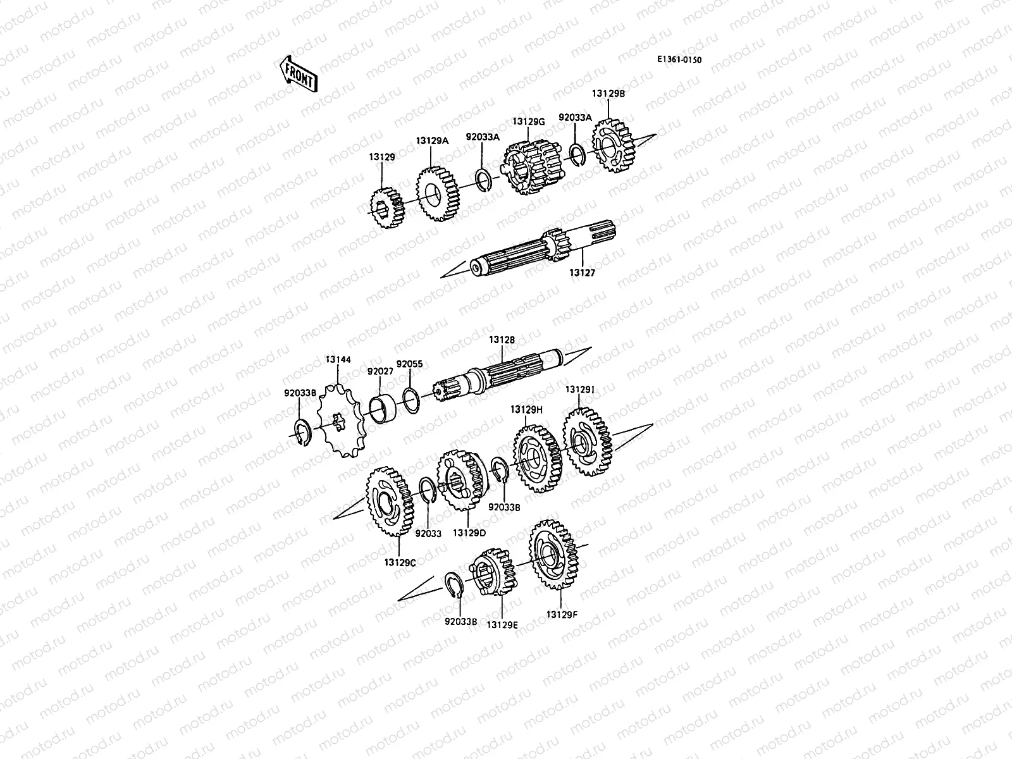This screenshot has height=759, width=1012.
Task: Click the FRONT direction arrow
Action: (297, 74)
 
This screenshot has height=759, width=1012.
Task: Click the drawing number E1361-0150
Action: (679, 60)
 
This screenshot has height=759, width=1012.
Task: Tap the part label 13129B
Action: (608, 93)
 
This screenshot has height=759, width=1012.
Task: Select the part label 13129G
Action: (528, 121)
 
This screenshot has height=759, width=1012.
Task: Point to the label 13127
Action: (583, 273)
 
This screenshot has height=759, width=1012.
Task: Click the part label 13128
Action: (502, 340)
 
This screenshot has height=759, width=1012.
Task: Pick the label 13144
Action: (338, 359)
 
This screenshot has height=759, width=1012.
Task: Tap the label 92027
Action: (380, 371)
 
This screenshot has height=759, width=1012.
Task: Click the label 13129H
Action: (526, 409)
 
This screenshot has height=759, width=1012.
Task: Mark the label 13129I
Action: (579, 390)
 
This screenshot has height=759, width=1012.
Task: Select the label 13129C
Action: (400, 561)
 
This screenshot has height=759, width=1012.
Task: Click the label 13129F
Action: (562, 614)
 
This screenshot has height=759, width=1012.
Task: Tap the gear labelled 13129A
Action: (438, 194)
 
